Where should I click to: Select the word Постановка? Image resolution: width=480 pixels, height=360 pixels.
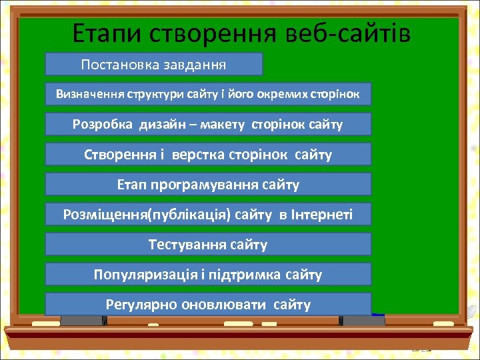click(x=118, y=65)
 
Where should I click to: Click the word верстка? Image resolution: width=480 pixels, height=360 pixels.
click(x=197, y=155)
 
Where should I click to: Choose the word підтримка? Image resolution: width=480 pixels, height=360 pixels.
click(x=250, y=274)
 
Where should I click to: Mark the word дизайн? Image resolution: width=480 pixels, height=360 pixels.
click(x=164, y=125)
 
